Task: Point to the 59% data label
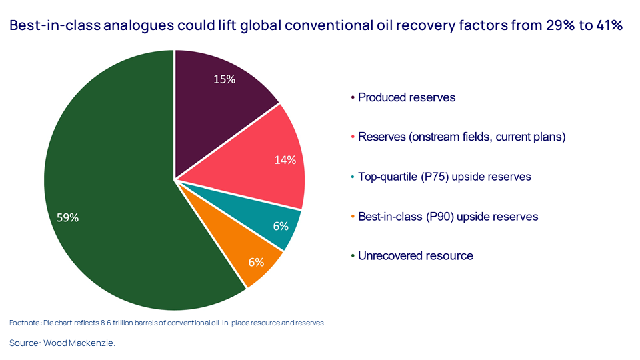(67, 217)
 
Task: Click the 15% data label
(224, 79)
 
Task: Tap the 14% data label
(285, 160)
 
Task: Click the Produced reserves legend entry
(406, 97)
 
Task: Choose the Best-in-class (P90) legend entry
(447, 217)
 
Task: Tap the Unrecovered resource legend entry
(415, 256)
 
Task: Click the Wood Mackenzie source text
(81, 343)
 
